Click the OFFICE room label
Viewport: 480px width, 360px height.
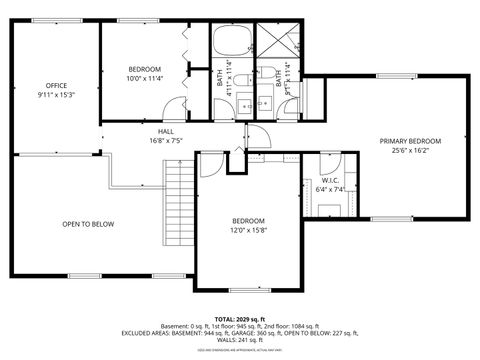(x=56, y=85)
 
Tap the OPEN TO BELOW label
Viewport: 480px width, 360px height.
(x=88, y=224)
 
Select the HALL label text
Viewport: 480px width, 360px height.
(x=165, y=131)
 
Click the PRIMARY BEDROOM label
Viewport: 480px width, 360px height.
(x=409, y=141)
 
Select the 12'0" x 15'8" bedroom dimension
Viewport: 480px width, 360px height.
(x=248, y=230)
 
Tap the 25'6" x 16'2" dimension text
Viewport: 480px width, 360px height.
(x=409, y=151)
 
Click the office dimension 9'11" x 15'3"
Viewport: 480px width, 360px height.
(x=56, y=95)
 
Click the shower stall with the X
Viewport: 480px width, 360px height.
(x=282, y=43)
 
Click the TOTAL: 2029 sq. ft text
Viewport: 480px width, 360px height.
(x=239, y=317)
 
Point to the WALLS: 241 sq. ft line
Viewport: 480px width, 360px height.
(x=239, y=340)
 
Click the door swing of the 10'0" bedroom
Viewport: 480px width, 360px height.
(x=176, y=107)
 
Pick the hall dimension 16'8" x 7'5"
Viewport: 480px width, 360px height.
(x=165, y=141)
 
